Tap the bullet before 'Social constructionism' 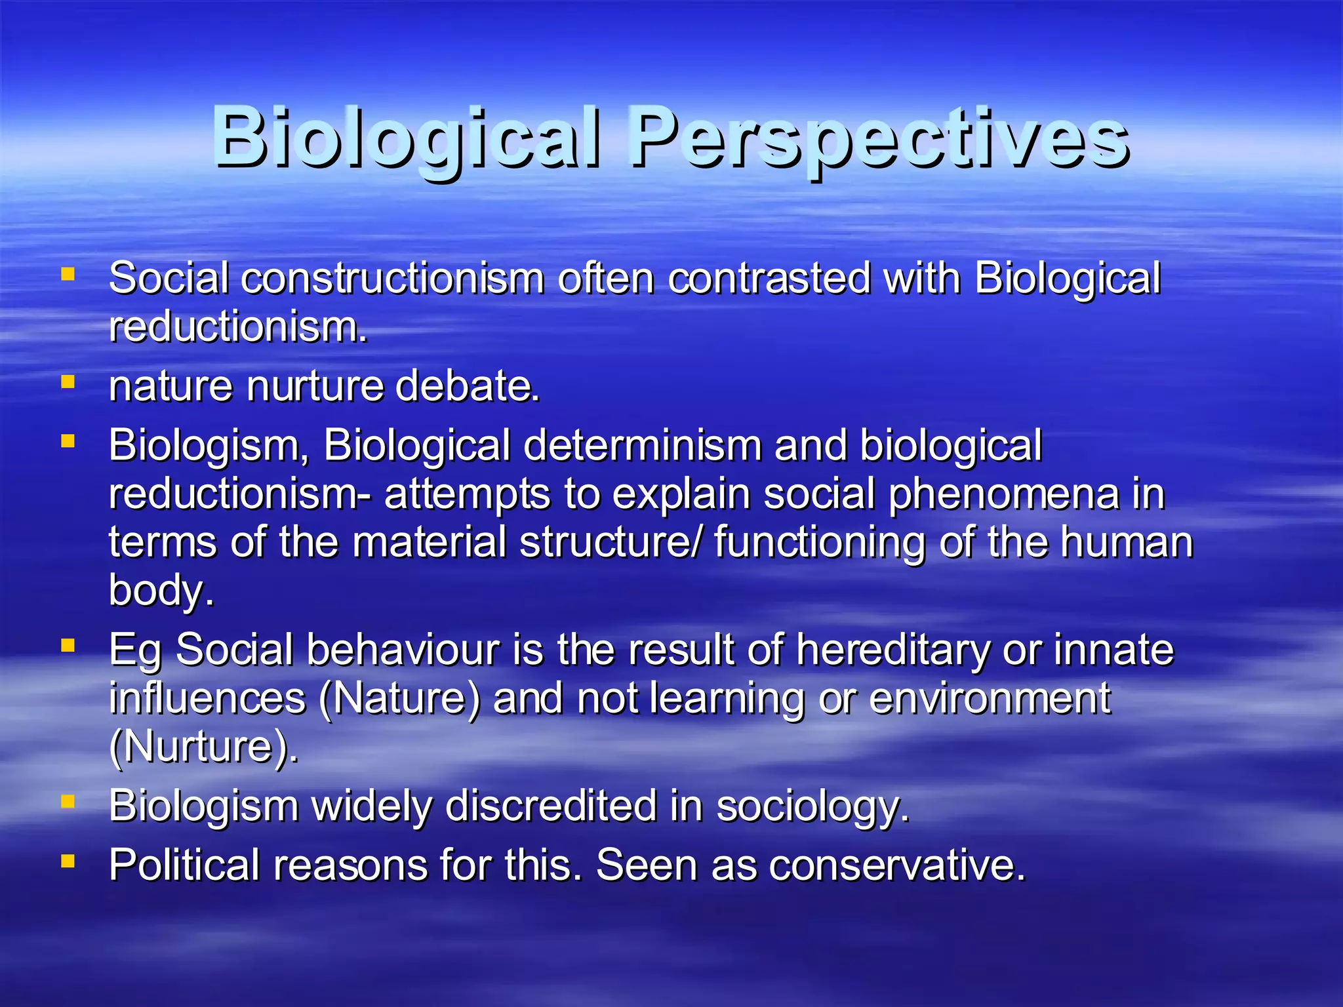(x=68, y=273)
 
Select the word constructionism (x=392, y=279)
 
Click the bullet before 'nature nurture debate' (x=68, y=381)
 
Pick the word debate (x=467, y=386)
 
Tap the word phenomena (x=1003, y=495)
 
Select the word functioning (x=819, y=543)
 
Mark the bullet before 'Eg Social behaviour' (x=68, y=646)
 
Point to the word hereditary (x=892, y=651)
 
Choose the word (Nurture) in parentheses (x=203, y=747)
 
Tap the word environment (x=990, y=699)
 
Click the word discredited (x=551, y=806)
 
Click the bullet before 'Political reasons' (x=68, y=860)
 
